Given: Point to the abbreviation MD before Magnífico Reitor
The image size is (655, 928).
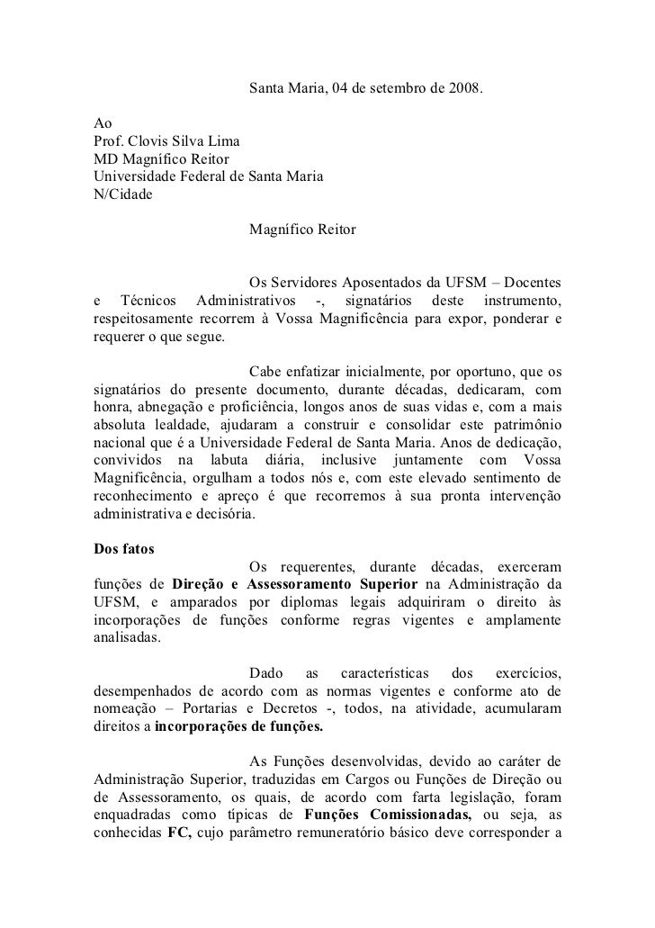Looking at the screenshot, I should [x=105, y=160].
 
